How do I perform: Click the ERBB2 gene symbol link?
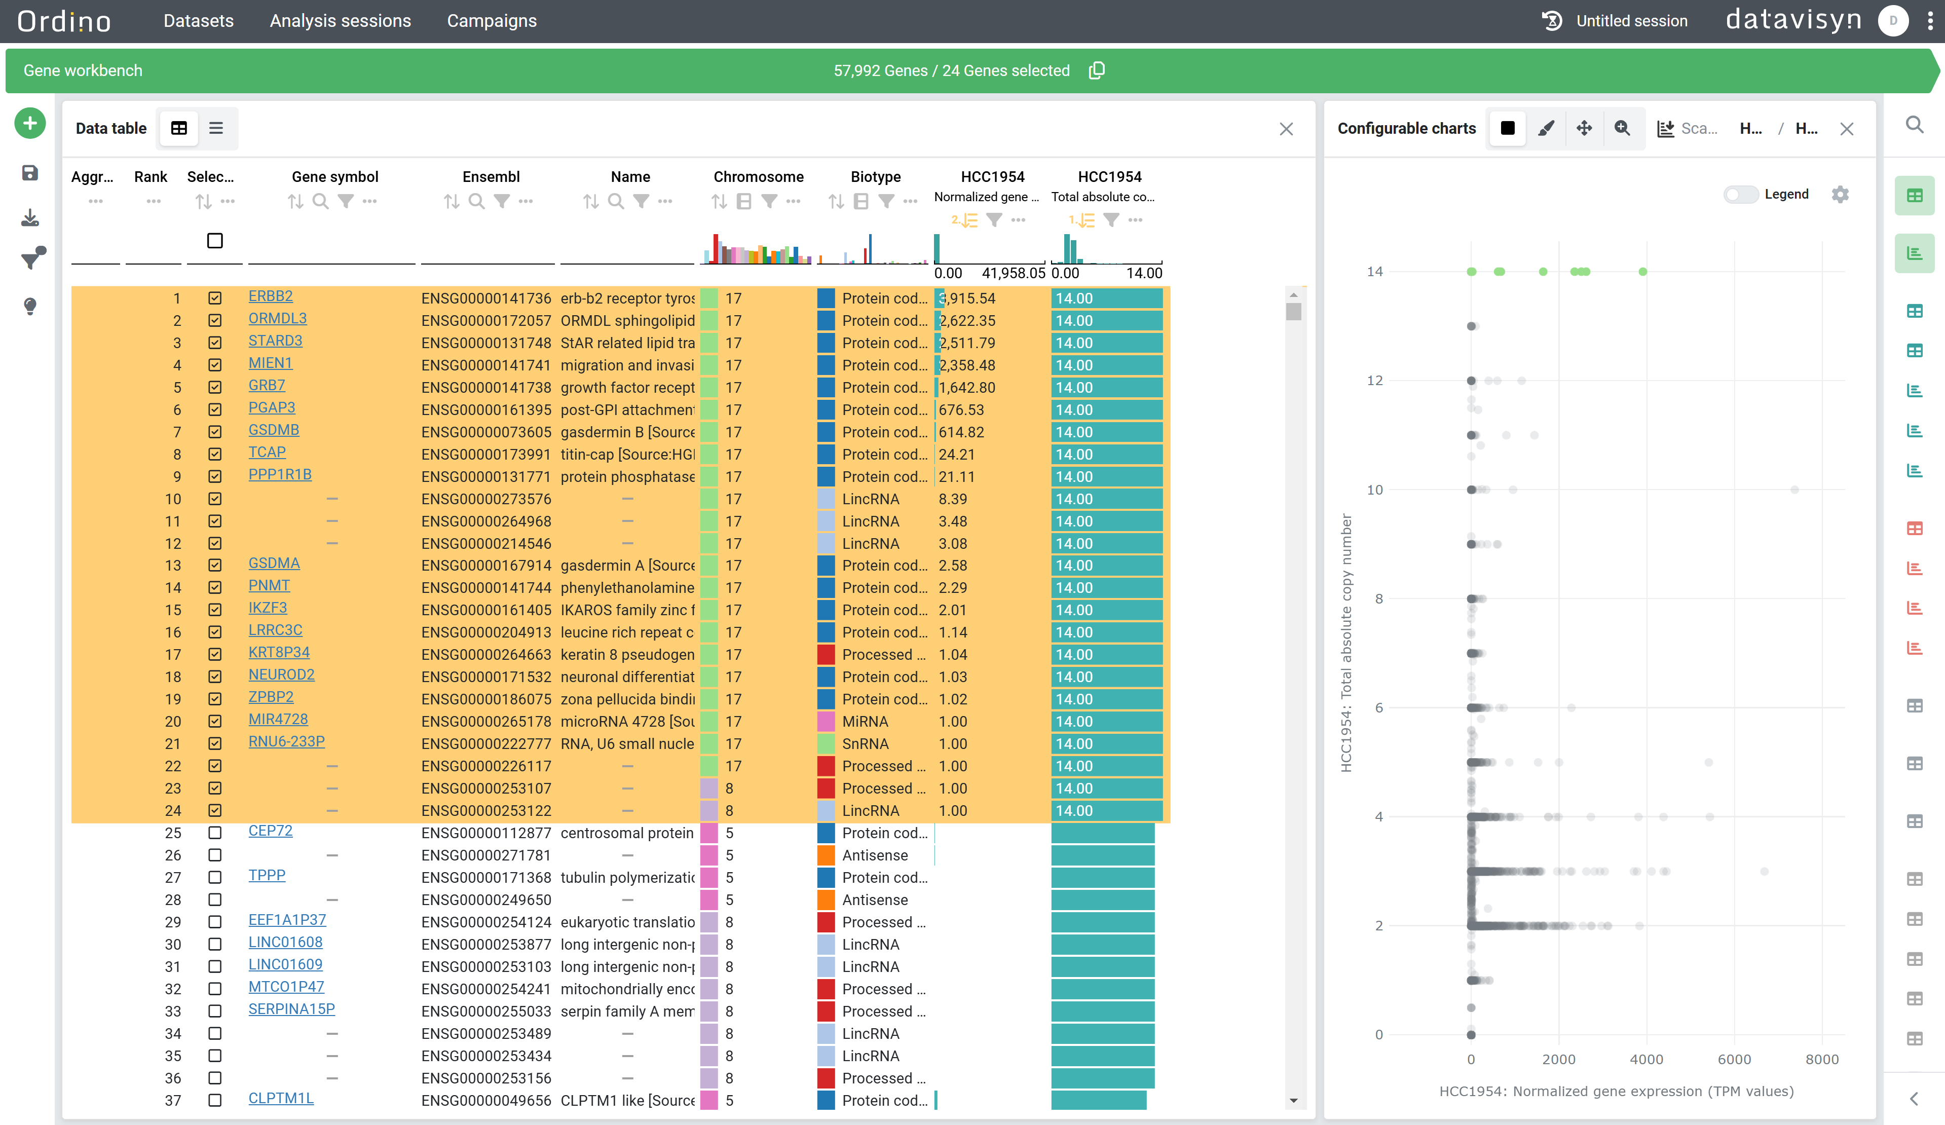[270, 296]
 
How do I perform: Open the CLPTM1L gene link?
[281, 1098]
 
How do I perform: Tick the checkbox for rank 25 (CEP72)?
[214, 833]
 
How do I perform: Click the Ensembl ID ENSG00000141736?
[487, 298]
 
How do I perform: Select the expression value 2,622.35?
[967, 321]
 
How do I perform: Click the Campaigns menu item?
[492, 21]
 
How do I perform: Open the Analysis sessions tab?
[341, 21]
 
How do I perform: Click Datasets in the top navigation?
[198, 21]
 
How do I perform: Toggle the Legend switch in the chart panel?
[1740, 195]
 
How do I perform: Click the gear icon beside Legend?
[1840, 195]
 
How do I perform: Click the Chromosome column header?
[758, 177]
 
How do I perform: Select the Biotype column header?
[875, 177]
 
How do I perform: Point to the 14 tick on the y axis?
[1374, 272]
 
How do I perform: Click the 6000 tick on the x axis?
[1734, 1060]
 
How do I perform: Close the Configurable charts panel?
[1846, 129]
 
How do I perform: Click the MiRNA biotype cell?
[865, 722]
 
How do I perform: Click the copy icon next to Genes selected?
[1097, 71]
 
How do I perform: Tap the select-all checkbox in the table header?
[214, 241]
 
